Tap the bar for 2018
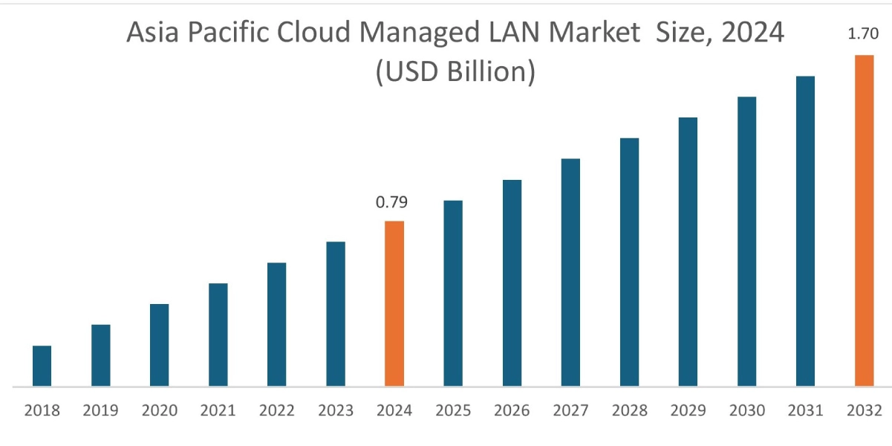tap(42, 366)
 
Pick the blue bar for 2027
tap(570, 272)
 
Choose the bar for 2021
tap(218, 334)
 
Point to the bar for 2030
tap(746, 242)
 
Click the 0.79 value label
tap(392, 202)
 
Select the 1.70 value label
tap(864, 33)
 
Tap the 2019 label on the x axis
tap(100, 410)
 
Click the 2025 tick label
tap(453, 410)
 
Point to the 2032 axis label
tap(864, 410)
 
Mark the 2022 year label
tap(277, 410)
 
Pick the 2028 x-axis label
tap(629, 410)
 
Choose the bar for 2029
tap(688, 252)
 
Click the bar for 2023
tap(336, 314)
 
